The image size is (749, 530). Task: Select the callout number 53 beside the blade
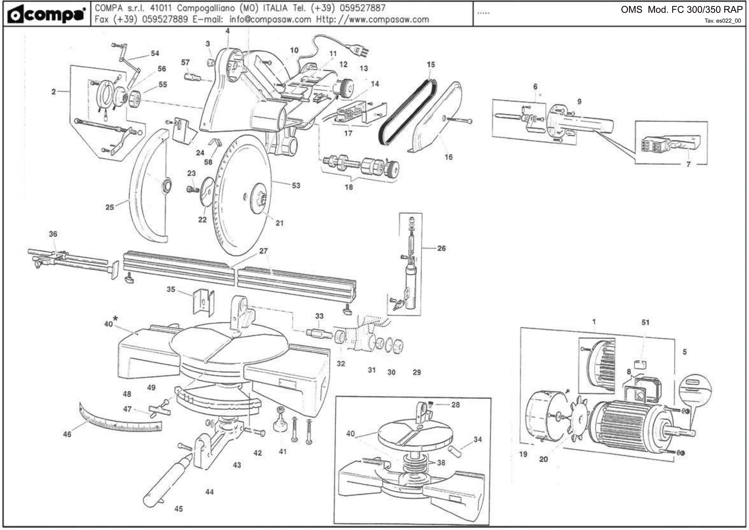(296, 185)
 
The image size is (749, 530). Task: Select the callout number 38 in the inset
(441, 462)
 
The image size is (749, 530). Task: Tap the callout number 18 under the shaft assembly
(349, 187)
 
